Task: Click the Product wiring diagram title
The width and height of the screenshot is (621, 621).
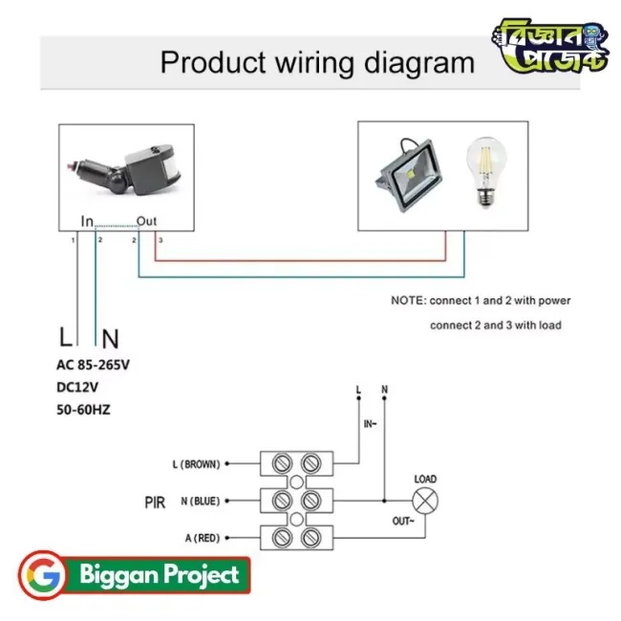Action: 316,63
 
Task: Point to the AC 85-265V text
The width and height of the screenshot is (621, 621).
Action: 105,364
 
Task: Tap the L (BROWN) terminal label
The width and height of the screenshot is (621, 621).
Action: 196,464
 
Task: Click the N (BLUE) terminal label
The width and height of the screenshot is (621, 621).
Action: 198,501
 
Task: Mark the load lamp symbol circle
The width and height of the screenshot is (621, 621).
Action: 424,500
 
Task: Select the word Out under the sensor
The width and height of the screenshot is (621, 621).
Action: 146,222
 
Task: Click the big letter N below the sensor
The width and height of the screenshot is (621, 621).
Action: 110,337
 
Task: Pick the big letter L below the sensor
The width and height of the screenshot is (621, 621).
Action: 65,337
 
